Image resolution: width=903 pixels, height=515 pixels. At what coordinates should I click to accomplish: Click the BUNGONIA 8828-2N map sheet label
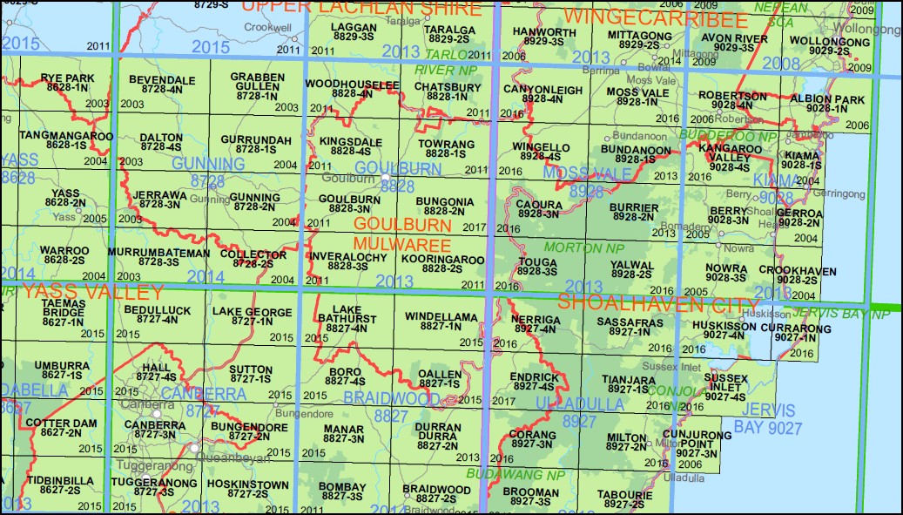pos(444,206)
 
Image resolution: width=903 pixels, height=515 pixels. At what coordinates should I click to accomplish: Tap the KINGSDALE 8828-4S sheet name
pos(345,145)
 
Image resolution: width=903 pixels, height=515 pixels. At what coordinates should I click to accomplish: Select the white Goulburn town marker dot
pos(385,179)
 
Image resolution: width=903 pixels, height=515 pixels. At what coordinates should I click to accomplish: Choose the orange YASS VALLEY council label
pos(93,291)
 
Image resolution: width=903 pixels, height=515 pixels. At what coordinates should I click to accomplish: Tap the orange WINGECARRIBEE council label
pos(656,18)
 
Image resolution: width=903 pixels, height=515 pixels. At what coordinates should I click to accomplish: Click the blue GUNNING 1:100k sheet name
pos(208,164)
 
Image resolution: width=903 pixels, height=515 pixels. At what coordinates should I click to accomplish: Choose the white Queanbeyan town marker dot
pos(192,448)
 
